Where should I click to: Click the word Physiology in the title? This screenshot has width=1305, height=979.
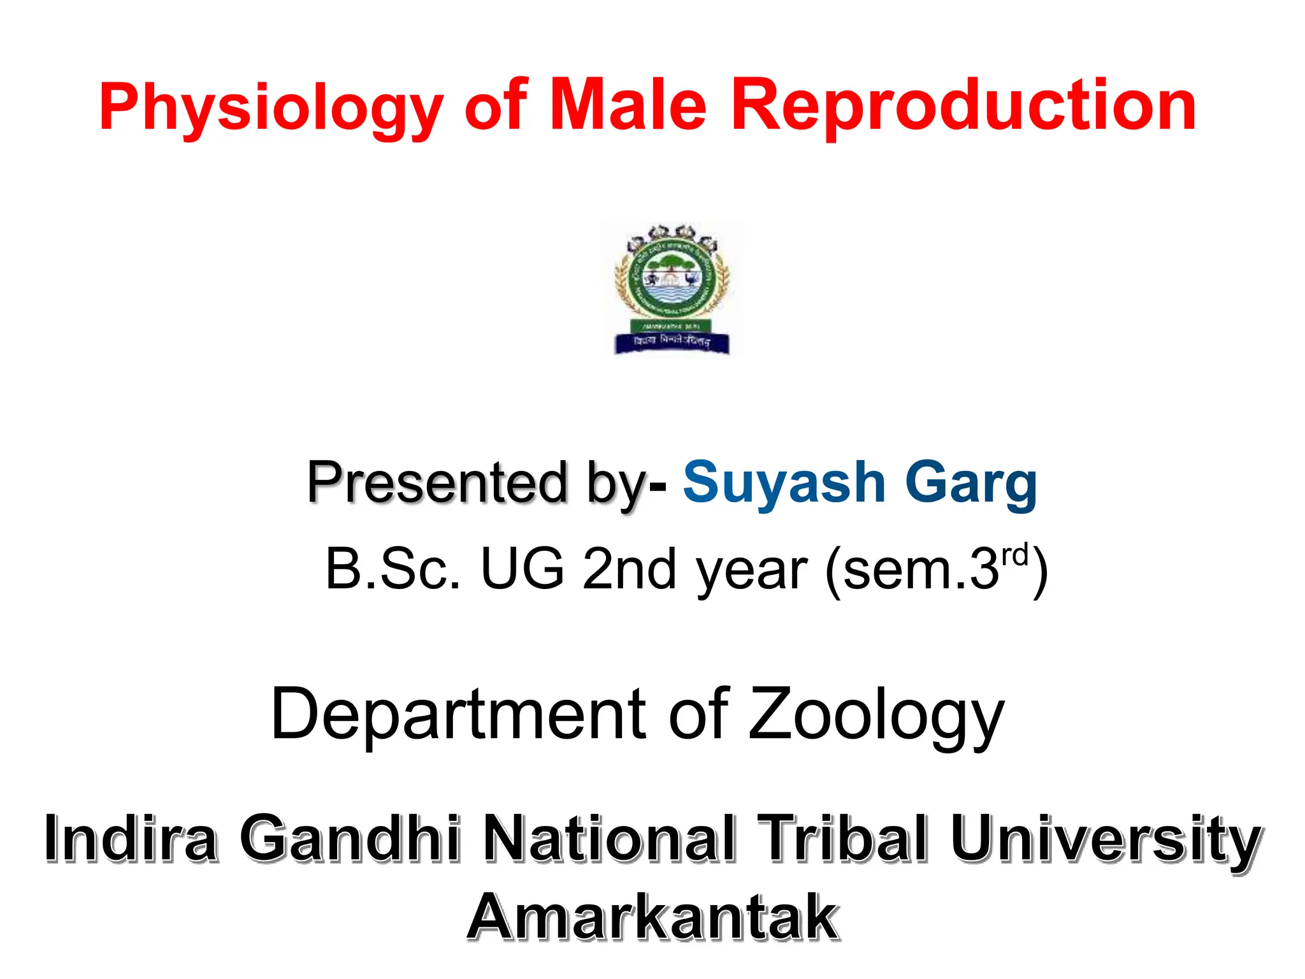(271, 107)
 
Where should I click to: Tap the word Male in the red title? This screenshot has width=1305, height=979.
(628, 105)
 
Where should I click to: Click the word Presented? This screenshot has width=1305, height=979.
(437, 482)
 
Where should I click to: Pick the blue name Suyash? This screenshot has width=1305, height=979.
(784, 482)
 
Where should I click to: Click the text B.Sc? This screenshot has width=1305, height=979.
(392, 569)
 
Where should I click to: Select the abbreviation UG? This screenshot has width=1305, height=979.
(523, 569)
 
